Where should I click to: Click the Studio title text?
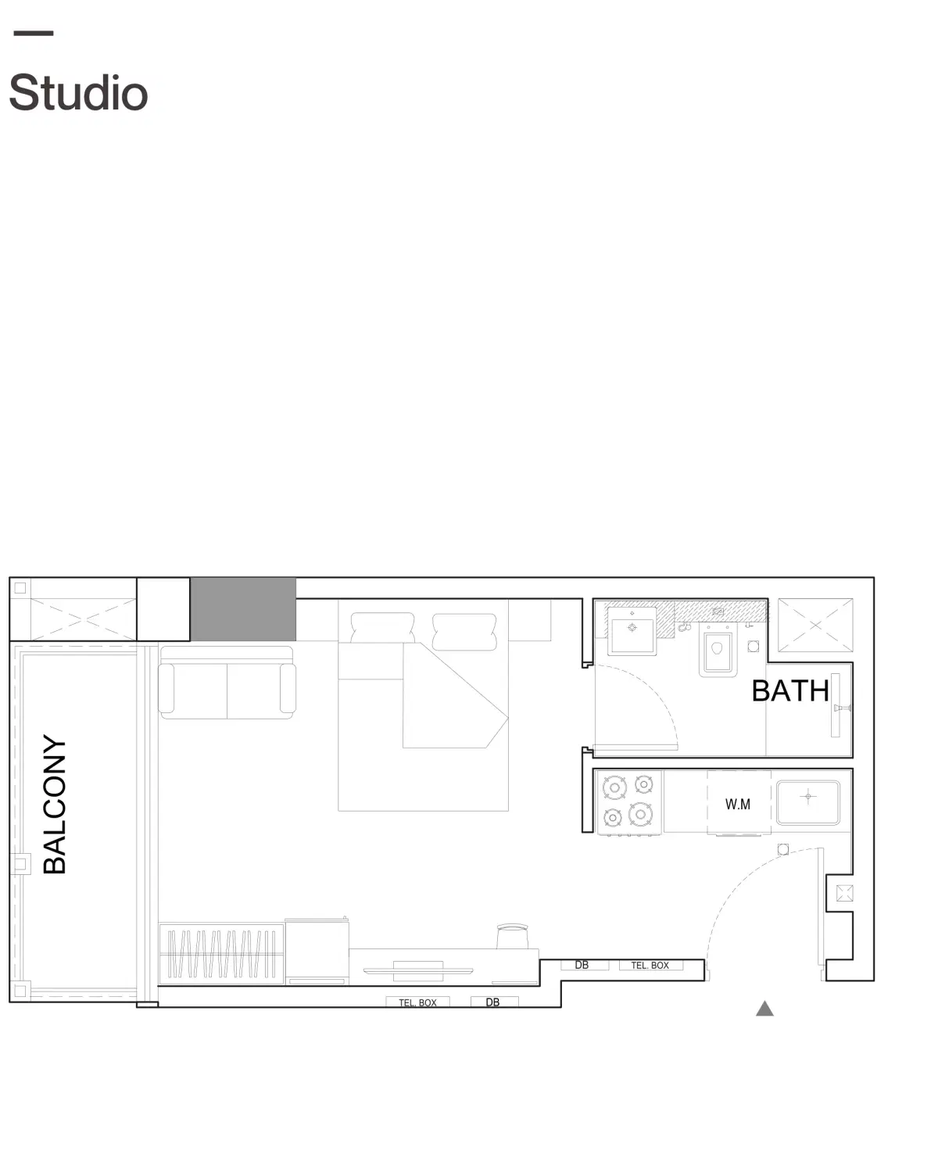coord(79,92)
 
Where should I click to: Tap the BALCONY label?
coord(55,804)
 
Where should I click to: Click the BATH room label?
coord(790,690)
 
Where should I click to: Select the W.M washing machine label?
coord(738,805)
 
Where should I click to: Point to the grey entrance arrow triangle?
coord(764,1009)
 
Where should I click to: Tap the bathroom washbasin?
coord(632,632)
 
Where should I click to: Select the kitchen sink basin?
coord(808,802)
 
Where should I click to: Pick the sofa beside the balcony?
coord(227,683)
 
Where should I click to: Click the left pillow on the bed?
coord(382,627)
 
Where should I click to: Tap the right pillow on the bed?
coord(464,632)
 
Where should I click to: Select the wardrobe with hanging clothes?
coord(221,954)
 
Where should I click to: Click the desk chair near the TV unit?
coord(513,937)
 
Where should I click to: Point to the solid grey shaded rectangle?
coord(243,609)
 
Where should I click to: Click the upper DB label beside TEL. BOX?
coord(582,965)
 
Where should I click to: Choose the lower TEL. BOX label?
coord(417,1002)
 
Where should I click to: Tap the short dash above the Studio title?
coord(34,34)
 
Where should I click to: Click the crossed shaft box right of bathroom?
coord(815,626)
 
